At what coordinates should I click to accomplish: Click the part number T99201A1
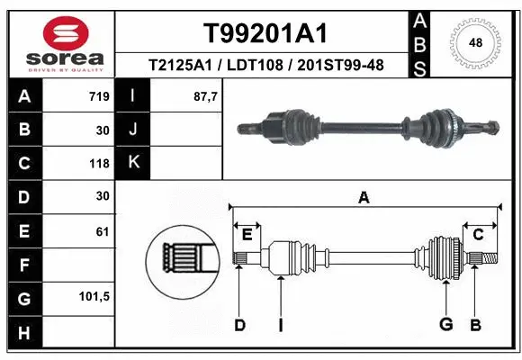[x=264, y=33]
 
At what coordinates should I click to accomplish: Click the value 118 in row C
[x=98, y=164]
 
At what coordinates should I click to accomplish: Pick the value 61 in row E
[x=102, y=231]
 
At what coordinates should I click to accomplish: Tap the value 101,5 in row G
[x=94, y=296]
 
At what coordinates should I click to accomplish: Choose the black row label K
[x=133, y=164]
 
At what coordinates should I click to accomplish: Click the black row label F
[x=23, y=265]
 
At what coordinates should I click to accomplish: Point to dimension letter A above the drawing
[x=364, y=198]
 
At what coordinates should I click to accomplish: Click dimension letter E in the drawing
[x=247, y=235]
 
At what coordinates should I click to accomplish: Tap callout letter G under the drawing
[x=445, y=325]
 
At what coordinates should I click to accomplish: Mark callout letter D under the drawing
[x=239, y=325]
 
